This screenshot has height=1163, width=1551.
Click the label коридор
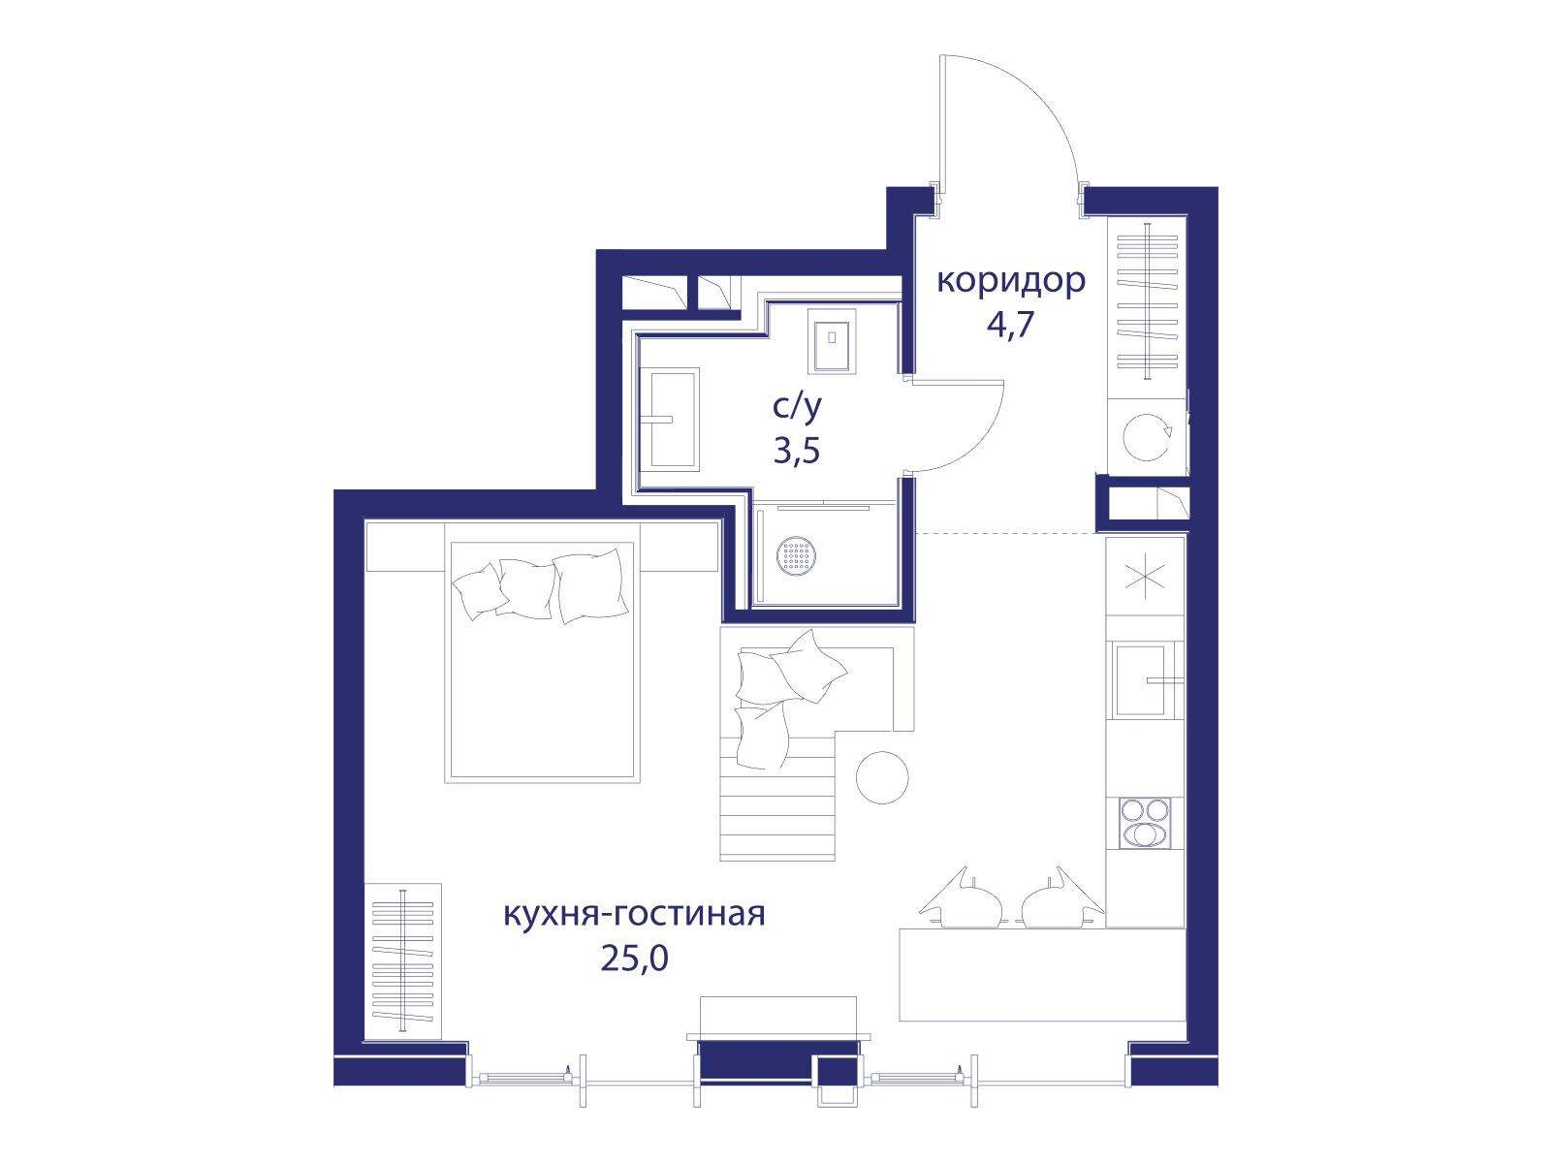point(1010,282)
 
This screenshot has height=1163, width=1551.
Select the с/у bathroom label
point(798,407)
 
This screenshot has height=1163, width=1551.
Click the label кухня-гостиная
point(634,915)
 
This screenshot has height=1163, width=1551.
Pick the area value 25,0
point(635,959)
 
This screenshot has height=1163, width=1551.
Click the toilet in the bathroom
point(832,340)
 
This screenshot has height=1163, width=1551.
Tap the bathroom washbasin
point(669,418)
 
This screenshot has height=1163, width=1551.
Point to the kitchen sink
point(1145,680)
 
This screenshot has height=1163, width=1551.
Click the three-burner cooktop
point(1146,823)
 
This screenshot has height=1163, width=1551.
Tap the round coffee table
point(882,777)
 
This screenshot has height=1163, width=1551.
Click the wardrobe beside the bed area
point(402,961)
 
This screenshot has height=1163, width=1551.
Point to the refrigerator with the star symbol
point(1145,577)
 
